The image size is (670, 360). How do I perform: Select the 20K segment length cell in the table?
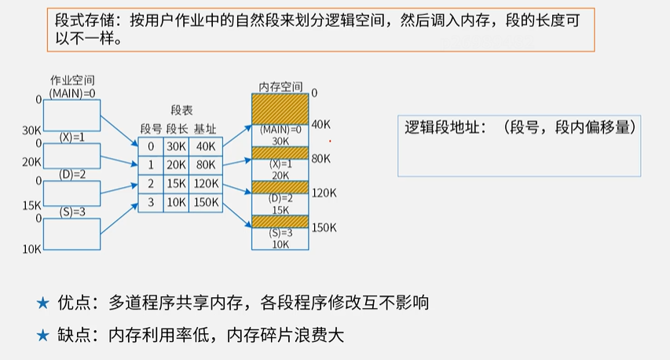175,164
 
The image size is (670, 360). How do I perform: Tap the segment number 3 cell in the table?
151,203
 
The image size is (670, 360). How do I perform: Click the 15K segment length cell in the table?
175,184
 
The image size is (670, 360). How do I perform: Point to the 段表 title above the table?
181,112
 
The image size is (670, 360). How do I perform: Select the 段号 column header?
151,128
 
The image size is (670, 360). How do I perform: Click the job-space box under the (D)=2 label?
71,193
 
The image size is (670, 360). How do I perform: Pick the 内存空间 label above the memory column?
280,86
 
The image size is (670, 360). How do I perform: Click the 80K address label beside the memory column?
320,159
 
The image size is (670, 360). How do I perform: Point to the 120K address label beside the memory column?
324,193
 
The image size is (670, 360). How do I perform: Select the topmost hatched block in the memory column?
280,108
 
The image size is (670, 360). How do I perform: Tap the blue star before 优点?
43,303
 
